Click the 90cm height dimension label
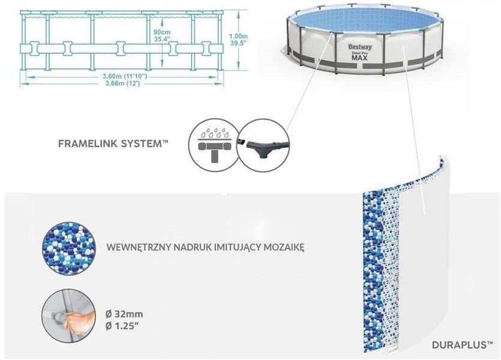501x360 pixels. tap(162, 32)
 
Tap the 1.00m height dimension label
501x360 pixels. tap(238, 37)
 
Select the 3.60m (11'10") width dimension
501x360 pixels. tap(125, 76)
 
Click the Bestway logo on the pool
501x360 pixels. tap(360, 47)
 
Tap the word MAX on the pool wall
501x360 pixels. tap(360, 58)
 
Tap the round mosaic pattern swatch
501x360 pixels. tap(68, 248)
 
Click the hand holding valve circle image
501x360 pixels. tap(68, 316)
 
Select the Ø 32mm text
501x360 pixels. tap(124, 314)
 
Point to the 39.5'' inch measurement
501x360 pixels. tap(239, 43)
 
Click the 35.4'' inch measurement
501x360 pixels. tap(162, 38)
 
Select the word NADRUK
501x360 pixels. tap(190, 247)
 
